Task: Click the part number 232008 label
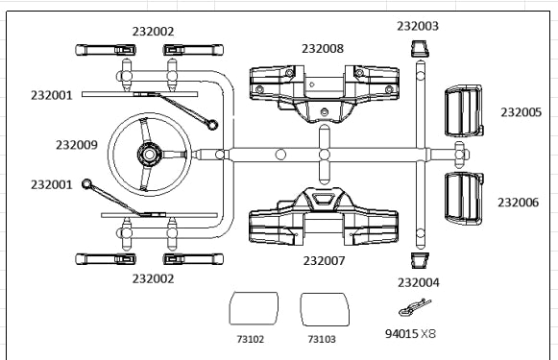323,48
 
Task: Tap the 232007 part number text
324,261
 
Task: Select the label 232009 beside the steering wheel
77,145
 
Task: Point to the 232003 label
418,26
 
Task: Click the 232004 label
419,282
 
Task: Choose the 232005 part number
521,112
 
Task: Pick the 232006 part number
519,203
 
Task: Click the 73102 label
251,339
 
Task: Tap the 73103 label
322,339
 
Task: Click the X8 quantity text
428,334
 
